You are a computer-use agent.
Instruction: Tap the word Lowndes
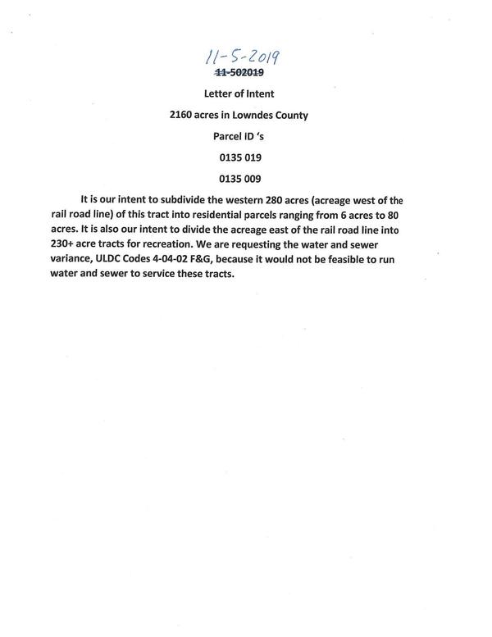(255, 116)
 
